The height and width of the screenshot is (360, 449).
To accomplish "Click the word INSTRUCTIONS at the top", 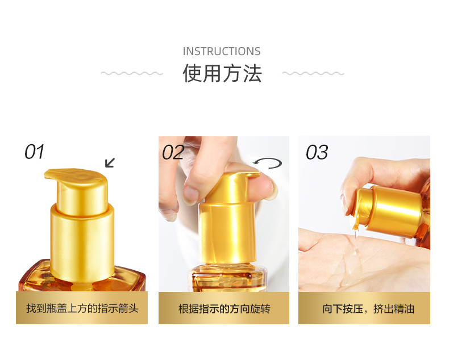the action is point(222,51).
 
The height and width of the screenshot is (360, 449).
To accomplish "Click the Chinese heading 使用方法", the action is point(222,73).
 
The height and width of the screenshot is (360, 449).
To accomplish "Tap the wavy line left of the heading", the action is point(132,73).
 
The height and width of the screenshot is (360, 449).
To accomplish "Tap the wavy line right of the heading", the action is point(313,73).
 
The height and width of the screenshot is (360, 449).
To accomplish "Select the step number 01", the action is point(34,152).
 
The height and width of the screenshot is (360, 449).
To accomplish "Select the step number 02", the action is point(173,152).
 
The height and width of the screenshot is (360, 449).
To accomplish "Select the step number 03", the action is point(317,152).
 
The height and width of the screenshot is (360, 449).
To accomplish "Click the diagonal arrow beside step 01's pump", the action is point(110,162).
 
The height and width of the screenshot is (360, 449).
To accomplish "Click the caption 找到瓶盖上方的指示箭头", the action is point(82,308).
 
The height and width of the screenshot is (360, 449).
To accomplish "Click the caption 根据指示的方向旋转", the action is point(224,309).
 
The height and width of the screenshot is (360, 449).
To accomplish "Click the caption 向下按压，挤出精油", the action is point(368,309).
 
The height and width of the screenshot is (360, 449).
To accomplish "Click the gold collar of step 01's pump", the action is point(82,243).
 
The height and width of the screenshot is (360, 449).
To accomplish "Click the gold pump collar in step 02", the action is point(227,232).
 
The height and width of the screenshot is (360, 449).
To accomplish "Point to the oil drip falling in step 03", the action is point(356,240).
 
